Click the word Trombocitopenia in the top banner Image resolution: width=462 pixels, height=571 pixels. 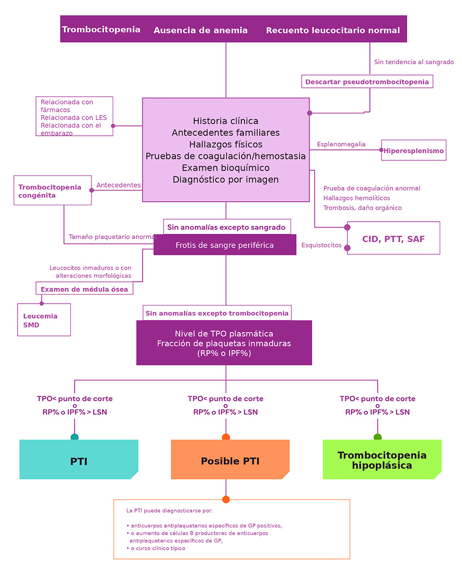(x=101, y=30)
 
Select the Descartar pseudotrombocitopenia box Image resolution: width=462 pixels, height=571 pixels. (x=367, y=81)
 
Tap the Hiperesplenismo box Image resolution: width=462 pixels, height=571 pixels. (x=413, y=150)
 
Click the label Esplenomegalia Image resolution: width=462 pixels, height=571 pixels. (x=341, y=144)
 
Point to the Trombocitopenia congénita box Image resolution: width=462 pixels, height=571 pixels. (x=53, y=190)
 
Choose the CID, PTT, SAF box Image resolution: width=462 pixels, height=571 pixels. (x=393, y=238)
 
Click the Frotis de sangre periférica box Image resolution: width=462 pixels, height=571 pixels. (x=225, y=245)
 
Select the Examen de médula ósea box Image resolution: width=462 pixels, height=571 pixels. (x=85, y=288)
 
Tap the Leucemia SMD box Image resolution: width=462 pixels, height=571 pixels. (x=44, y=320)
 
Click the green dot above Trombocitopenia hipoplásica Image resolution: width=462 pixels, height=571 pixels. (x=377, y=437)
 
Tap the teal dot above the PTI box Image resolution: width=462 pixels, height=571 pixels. (x=74, y=437)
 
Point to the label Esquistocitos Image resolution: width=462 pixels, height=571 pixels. (x=321, y=245)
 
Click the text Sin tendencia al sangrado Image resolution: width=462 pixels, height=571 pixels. (x=414, y=62)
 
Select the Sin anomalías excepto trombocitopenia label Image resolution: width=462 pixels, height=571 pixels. (x=217, y=313)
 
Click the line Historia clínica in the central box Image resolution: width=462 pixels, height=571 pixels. (x=225, y=121)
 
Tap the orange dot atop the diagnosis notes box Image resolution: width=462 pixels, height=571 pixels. (x=226, y=499)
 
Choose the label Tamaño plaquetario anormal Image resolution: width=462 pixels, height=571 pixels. (x=113, y=237)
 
